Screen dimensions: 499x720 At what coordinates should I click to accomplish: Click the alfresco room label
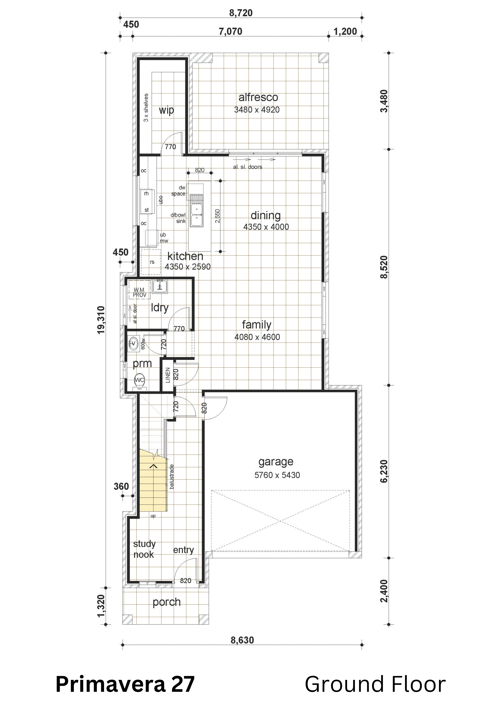coord(258,97)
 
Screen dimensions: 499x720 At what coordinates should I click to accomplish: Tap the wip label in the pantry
coord(166,110)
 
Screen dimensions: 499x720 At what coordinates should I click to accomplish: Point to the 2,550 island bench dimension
coord(218,216)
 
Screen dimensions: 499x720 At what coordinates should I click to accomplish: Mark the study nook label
coord(144,549)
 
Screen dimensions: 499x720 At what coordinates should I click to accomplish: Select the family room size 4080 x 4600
coord(257,337)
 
